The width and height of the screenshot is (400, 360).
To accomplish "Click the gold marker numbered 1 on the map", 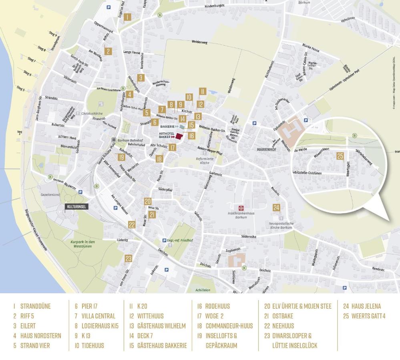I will point(127,17).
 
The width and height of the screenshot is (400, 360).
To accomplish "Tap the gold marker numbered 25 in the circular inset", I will point(340,156).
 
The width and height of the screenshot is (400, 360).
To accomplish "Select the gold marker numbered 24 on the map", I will point(276,207).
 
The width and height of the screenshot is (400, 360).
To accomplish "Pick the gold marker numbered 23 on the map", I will point(128,258).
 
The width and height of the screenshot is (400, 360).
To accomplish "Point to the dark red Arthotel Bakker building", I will point(179,136).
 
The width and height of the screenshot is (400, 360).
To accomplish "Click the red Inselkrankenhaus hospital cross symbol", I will point(241,208).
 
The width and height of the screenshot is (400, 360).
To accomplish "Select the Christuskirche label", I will point(92,114).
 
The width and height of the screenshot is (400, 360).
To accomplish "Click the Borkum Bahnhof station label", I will point(130,141).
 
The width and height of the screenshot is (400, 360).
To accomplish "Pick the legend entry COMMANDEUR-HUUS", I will point(229,326).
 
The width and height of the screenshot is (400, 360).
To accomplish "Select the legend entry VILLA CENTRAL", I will point(99,316).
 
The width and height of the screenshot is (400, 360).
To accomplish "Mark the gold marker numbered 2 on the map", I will point(108,51).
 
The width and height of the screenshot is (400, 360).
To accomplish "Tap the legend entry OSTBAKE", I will point(283,316).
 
